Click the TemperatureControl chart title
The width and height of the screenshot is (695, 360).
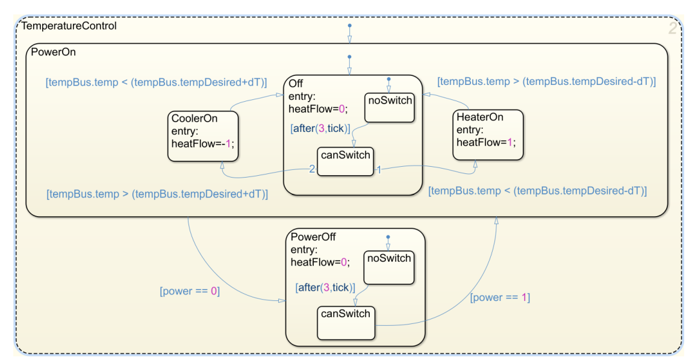69,26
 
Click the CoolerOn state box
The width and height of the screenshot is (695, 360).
203,136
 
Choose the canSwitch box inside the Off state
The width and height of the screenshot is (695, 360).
346,161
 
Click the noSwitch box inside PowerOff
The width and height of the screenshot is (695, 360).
388,267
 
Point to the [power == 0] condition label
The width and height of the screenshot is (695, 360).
190,291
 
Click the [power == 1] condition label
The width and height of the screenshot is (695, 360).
500,297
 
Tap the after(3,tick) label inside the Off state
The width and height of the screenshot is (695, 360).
320,128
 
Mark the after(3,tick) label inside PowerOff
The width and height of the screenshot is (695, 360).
325,288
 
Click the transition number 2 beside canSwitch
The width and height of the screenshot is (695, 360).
312,170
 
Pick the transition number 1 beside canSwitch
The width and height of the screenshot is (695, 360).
379,170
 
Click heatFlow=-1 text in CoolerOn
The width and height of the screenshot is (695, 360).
202,143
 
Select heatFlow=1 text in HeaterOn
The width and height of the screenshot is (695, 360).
486,142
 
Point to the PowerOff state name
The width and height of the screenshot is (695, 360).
313,236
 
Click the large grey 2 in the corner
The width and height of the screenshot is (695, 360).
673,28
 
